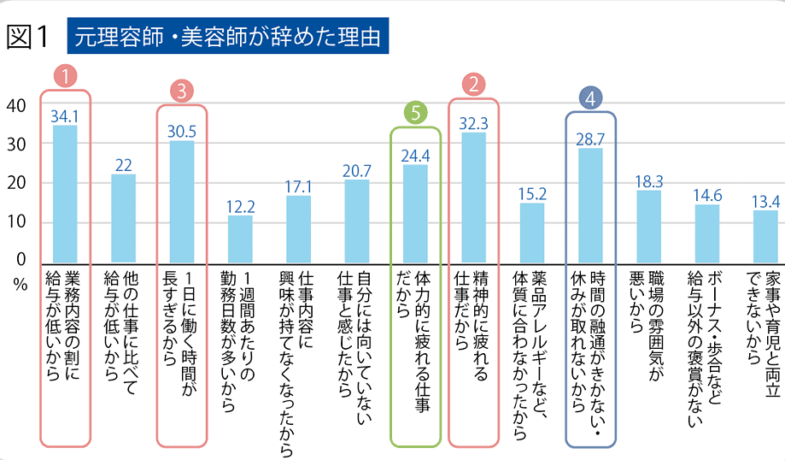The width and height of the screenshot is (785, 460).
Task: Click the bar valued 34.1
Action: point(65,194)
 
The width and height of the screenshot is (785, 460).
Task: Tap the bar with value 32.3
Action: point(473,198)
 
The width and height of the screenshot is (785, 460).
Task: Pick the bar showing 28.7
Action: point(590,205)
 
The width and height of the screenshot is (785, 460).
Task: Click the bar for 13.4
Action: point(765,236)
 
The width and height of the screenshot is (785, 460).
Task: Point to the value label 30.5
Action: point(182,133)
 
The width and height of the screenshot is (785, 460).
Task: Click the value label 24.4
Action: point(415,156)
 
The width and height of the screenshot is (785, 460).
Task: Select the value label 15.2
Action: point(532,193)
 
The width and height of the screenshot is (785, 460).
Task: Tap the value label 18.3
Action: point(649,180)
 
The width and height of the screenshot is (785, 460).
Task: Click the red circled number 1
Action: point(65,75)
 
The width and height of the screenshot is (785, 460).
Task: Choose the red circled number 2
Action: point(473,84)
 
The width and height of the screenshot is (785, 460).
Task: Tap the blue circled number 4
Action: point(590,97)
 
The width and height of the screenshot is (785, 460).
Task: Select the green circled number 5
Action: point(415,113)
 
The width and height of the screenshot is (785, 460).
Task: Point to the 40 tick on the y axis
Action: point(15,106)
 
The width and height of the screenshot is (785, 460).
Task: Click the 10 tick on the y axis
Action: point(15,222)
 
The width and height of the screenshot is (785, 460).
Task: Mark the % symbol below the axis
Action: point(19,285)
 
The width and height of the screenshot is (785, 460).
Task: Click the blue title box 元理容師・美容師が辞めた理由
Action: point(226,37)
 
